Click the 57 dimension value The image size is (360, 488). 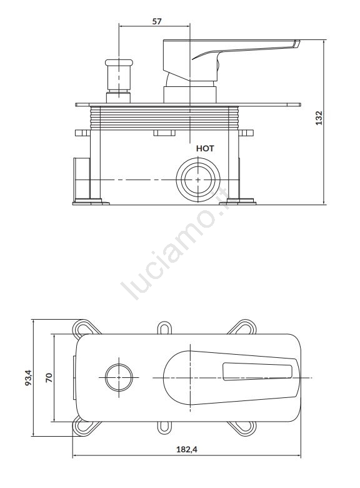[157, 21]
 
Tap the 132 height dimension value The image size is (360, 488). [319, 118]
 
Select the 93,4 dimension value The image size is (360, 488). [28, 377]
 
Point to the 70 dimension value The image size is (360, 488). [49, 378]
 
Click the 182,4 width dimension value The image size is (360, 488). [187, 449]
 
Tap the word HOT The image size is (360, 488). [205, 148]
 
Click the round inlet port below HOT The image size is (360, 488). [198, 180]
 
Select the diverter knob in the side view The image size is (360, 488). [119, 81]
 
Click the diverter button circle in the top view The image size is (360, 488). [119, 377]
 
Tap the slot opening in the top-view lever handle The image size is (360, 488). [257, 372]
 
